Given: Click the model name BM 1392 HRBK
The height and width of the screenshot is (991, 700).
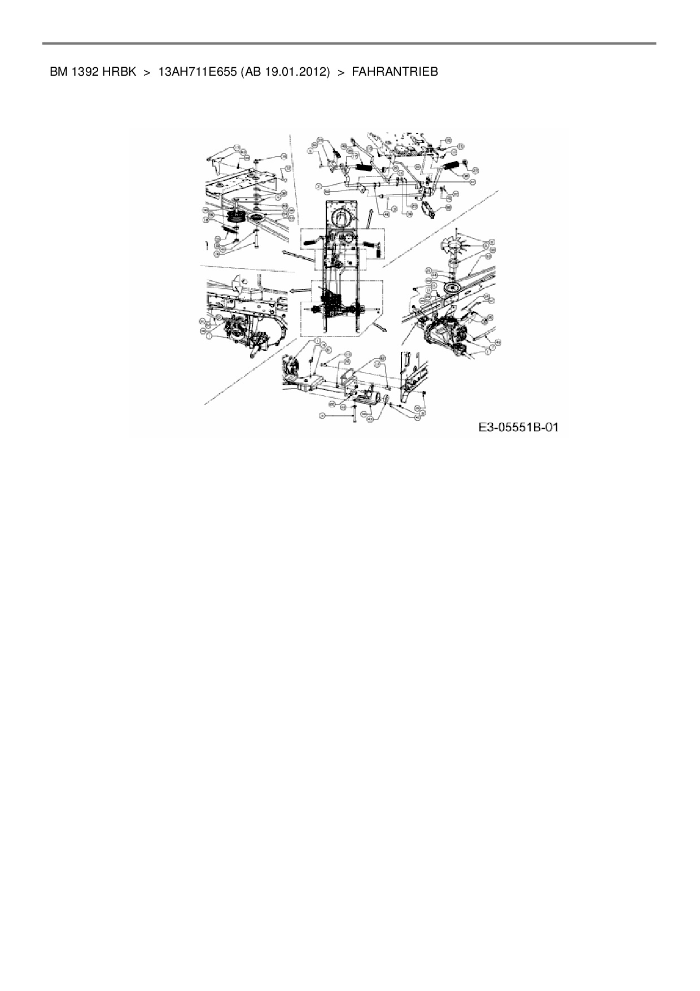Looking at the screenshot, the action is tap(93, 72).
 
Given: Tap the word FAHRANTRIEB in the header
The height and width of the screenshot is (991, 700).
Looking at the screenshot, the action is tap(395, 72).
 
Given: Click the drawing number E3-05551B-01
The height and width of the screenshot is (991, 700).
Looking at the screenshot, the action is tap(518, 428).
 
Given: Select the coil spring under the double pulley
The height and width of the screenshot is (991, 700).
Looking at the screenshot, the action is tap(230, 231).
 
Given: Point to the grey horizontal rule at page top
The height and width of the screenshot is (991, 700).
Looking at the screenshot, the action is tap(349, 43).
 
